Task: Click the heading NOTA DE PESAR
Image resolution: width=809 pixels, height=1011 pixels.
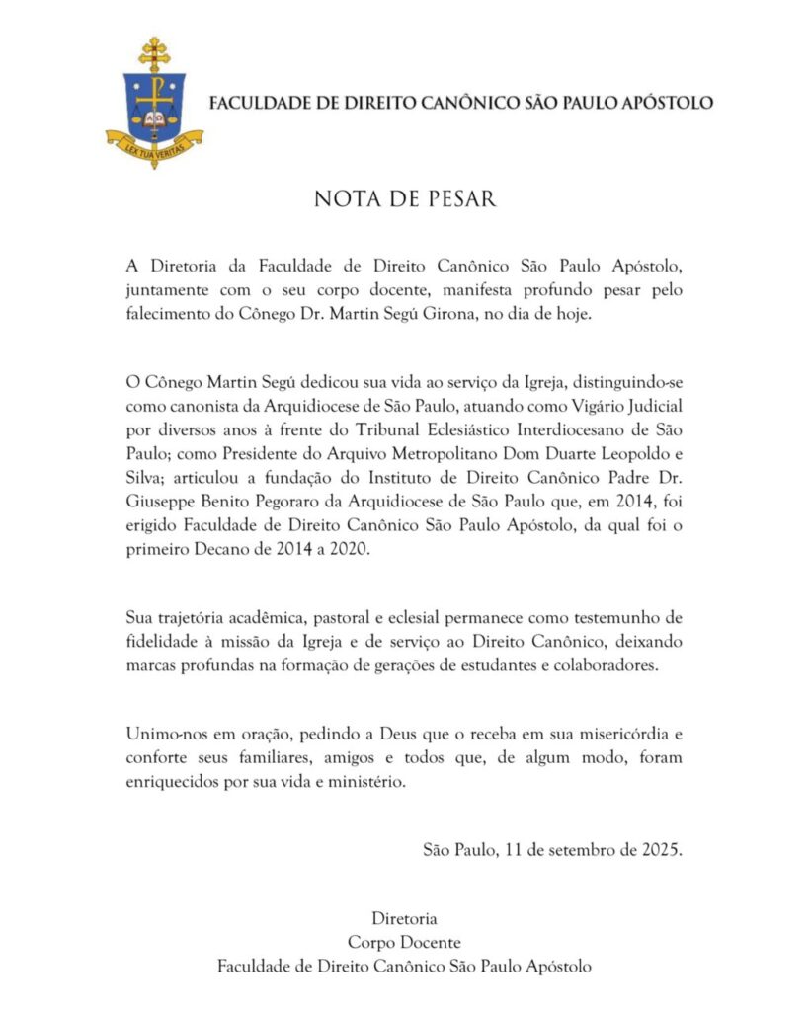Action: click(x=405, y=198)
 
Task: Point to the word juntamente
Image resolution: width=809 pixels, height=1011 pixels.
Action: click(x=173, y=290)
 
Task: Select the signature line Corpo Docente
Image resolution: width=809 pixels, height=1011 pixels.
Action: click(x=404, y=942)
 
